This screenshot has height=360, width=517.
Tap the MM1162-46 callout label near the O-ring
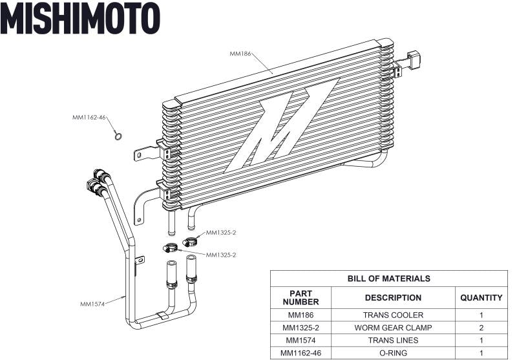89,118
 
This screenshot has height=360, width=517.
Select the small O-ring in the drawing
118,136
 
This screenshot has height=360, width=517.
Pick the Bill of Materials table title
388,279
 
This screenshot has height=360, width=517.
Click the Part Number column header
301,298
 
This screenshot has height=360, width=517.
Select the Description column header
393,298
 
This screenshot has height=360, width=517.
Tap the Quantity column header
481,298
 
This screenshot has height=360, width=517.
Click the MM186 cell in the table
301,315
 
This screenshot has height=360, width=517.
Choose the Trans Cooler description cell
393,315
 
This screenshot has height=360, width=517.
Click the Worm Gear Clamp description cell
393,328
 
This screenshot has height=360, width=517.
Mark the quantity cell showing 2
481,328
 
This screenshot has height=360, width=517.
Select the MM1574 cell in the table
301,341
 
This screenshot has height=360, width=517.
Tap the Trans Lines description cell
393,341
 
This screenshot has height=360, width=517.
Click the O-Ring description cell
393,353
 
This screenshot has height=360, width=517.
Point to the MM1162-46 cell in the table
301,353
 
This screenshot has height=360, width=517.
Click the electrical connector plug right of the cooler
415,60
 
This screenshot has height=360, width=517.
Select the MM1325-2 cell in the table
301,328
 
